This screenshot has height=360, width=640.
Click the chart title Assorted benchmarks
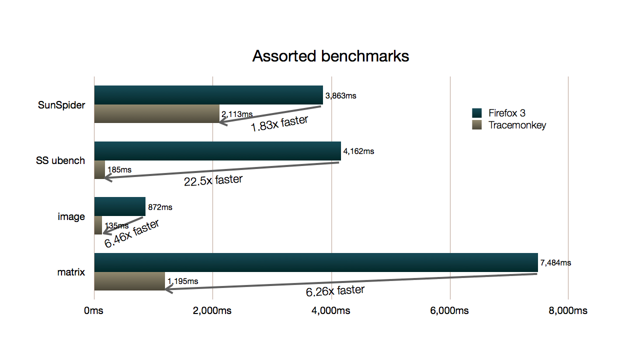point(330,56)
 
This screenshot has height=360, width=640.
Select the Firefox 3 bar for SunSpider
point(208,95)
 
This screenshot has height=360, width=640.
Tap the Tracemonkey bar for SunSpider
point(156,114)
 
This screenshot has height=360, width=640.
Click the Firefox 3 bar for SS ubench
point(217,151)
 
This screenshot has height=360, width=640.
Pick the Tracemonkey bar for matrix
point(129,281)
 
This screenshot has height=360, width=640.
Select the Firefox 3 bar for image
point(120,206)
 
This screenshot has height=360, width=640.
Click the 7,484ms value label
point(555,262)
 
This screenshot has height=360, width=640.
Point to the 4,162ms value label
point(358,150)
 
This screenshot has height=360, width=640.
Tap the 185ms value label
point(119,169)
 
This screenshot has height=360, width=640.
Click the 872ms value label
point(160,206)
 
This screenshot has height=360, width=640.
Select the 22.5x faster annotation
point(213,180)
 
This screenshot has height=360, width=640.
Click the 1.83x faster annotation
point(280,123)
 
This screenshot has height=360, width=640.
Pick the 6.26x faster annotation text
point(335,290)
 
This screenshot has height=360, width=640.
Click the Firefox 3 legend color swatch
point(476,113)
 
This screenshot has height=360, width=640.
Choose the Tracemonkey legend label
point(517,125)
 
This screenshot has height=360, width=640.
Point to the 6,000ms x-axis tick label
point(449,310)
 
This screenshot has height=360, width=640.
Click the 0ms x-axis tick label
point(93,310)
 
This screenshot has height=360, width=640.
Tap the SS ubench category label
point(60,160)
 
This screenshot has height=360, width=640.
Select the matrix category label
point(71,272)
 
